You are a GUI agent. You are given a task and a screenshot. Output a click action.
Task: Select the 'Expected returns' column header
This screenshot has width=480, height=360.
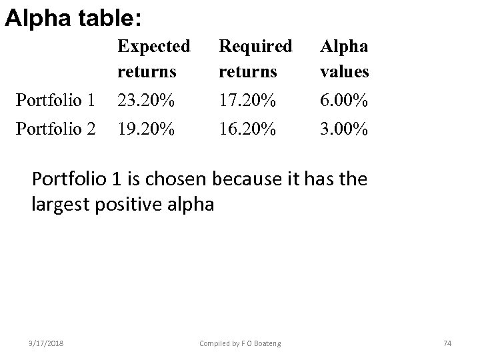[153, 57]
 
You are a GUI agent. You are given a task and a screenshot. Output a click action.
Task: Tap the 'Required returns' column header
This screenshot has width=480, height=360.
[255, 57]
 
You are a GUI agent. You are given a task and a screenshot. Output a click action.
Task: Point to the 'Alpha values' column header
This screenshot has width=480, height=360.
[345, 57]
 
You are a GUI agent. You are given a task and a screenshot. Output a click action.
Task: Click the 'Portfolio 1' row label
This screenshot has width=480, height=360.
[57, 101]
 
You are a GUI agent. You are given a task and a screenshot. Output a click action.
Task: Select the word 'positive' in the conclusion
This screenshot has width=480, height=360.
[125, 204]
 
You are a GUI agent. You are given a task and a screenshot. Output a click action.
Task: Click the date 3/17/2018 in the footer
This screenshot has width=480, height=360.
[47, 343]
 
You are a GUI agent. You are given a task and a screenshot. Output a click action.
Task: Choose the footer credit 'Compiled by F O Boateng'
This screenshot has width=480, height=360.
[240, 343]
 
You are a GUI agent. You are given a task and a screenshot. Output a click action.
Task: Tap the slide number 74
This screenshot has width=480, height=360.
[447, 343]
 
